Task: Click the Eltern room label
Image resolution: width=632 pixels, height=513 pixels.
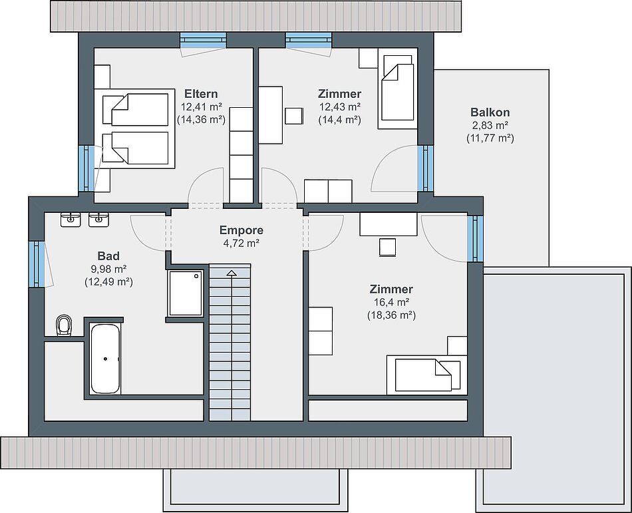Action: point(201,94)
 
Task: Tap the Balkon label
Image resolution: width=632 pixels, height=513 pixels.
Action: point(490,112)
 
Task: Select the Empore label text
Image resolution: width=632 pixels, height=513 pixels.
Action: point(241,230)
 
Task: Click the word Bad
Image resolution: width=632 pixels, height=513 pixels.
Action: point(108,256)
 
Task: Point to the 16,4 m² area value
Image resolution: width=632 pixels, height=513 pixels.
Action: point(391,302)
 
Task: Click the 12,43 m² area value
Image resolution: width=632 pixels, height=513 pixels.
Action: point(340,106)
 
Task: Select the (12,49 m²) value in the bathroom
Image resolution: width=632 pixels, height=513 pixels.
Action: point(108,282)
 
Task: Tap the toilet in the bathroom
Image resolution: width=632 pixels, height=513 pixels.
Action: point(64,325)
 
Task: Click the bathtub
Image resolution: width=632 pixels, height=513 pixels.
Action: point(105,359)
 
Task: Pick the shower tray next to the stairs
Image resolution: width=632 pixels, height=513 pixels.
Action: point(186,293)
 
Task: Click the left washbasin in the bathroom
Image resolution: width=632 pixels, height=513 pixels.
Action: point(71,220)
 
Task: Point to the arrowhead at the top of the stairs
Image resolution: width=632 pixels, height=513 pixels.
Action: point(232,273)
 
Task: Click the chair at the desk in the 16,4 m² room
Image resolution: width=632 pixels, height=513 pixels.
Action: point(387,247)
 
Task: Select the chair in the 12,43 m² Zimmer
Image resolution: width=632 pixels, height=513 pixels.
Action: point(294,116)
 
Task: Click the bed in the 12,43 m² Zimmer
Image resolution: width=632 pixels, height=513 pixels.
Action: point(397,88)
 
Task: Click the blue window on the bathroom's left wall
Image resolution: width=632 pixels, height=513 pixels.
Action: point(37,264)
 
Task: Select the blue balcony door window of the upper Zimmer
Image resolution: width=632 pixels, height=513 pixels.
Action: point(425,168)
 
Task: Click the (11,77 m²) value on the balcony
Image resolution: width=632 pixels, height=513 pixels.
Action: point(490,138)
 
